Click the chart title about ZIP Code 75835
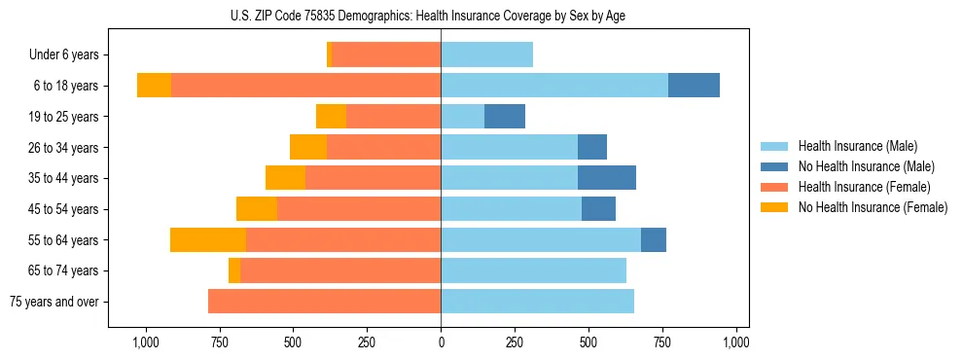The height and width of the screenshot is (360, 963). click(441, 16)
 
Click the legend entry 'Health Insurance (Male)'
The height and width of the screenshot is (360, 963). click(857, 146)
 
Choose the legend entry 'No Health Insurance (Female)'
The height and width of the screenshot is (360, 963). click(873, 207)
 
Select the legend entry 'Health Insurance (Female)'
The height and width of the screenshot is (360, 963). click(864, 187)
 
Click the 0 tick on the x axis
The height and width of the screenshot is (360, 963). click(441, 342)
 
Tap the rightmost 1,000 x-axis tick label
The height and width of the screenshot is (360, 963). click(736, 342)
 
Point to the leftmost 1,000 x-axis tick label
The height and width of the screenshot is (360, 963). click(145, 342)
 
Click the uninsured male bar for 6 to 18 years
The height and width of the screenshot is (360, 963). click(694, 86)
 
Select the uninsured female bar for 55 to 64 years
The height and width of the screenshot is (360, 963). click(208, 240)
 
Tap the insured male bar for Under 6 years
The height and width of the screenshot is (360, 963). click(486, 54)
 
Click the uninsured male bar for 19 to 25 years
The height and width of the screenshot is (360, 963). click(505, 117)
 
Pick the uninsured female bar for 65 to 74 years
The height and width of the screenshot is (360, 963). click(234, 270)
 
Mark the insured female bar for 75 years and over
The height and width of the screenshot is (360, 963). click(324, 302)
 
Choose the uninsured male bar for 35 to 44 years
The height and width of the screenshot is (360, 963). click(607, 178)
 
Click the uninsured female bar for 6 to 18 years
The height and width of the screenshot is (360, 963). click(154, 86)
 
